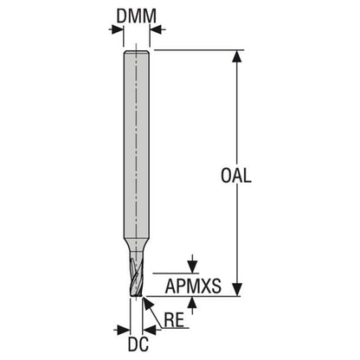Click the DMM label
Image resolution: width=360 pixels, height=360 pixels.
click(136, 16)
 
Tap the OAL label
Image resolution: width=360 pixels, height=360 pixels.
click(236, 176)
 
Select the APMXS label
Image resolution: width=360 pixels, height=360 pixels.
click(193, 286)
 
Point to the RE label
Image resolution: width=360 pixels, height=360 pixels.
click(174, 320)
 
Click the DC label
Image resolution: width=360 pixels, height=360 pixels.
click(138, 344)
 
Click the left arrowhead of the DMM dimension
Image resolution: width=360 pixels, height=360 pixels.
click(118, 29)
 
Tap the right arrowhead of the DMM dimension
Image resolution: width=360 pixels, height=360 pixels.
click(156, 29)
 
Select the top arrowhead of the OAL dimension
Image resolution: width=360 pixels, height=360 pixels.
click(237, 56)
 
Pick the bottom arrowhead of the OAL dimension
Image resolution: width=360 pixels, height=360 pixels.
click(237, 290)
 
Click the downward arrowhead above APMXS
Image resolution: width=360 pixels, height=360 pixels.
click(192, 267)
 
